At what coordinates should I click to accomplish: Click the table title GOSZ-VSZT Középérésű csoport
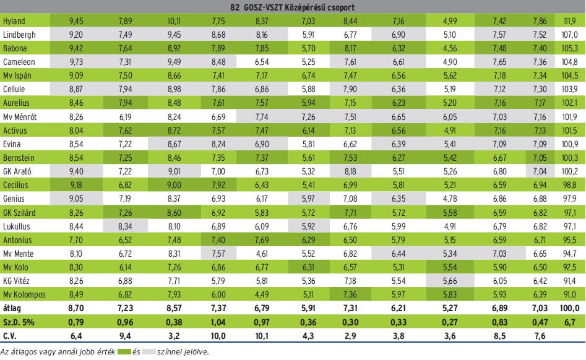[x=293, y=7]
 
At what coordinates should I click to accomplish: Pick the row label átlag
[x=12, y=307]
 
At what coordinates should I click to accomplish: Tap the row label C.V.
[x=11, y=336]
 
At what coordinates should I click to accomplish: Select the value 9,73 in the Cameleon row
[x=75, y=62]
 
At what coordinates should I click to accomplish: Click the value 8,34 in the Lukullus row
[x=125, y=226]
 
